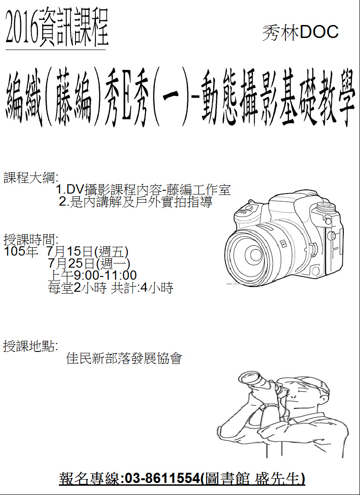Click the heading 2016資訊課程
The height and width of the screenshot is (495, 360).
(57, 28)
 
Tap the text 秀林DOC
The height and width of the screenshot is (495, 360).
(300, 32)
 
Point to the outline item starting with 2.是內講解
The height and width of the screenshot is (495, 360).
(136, 202)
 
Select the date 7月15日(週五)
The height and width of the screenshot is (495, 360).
(87, 251)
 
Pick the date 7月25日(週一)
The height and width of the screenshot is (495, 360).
(89, 263)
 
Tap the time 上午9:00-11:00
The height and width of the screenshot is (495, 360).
(92, 275)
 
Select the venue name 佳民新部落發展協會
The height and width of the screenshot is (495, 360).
(124, 358)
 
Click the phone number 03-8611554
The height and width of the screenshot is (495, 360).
(163, 479)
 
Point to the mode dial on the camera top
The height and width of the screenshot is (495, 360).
(327, 207)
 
